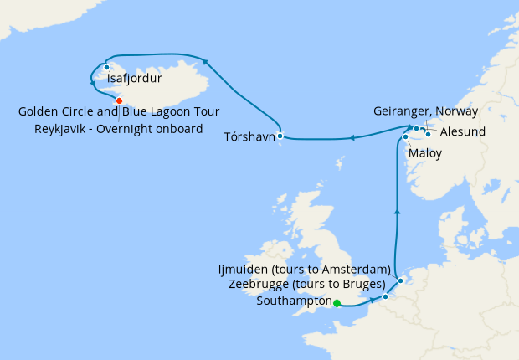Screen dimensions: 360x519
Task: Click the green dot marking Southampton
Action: [337, 304]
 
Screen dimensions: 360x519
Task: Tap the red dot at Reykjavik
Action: [119, 100]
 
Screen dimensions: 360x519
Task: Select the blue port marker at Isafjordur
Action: [107, 68]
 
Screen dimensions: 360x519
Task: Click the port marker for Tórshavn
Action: [280, 136]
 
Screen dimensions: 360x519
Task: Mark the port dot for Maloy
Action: [405, 137]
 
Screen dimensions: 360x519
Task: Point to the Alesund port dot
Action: [428, 133]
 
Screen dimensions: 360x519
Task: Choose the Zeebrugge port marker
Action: [385, 296]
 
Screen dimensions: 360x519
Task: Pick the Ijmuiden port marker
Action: [401, 280]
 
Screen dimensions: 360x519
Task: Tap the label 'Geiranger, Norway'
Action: [426, 111]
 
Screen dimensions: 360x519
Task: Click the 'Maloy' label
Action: [425, 154]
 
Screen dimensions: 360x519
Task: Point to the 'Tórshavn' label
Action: [249, 136]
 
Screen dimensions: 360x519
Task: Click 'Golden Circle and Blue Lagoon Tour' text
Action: [119, 112]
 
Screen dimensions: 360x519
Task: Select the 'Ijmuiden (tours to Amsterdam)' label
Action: [303, 269]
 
